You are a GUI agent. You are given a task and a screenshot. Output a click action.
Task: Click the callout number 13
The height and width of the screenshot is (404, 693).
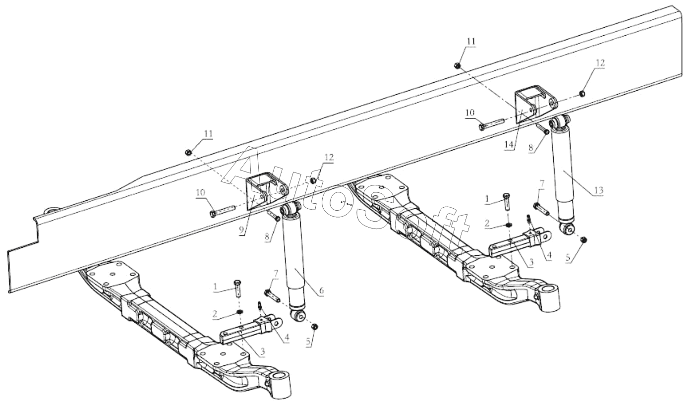[599, 190]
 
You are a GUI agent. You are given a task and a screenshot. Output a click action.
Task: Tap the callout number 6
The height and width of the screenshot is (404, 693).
[321, 290]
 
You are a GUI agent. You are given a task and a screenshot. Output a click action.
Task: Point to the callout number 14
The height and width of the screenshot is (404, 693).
[509, 144]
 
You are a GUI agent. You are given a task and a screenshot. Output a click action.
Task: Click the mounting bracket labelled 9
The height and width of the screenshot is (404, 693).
[267, 191]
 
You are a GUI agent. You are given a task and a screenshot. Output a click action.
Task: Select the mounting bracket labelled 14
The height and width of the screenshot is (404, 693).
[535, 105]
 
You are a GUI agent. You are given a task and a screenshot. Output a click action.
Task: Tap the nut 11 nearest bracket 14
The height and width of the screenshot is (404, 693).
[458, 65]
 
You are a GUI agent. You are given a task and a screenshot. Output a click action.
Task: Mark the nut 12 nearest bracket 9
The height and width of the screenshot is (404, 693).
[313, 180]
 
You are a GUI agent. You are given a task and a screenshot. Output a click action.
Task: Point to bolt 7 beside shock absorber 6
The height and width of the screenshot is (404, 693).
[272, 295]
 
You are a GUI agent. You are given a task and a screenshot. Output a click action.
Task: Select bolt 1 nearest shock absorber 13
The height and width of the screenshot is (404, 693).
[507, 201]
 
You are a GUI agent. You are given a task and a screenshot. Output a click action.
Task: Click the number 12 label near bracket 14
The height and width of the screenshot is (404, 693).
[600, 63]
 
